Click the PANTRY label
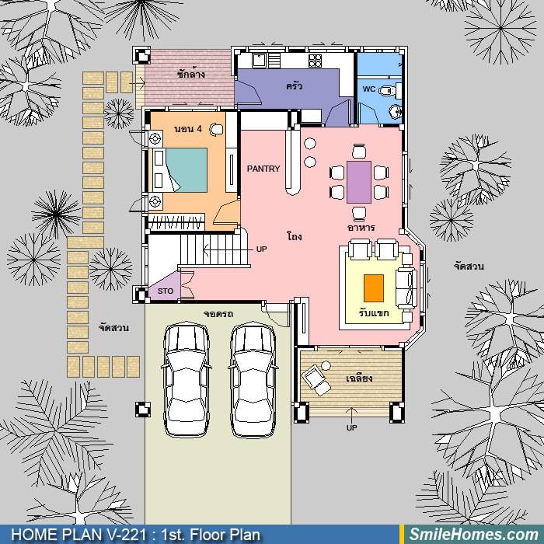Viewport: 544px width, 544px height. (x=263, y=169)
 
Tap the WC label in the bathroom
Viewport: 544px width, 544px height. (x=369, y=89)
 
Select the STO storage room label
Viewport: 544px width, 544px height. (x=165, y=291)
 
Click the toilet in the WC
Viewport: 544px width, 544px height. (x=387, y=91)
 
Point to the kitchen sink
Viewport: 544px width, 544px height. (x=259, y=61)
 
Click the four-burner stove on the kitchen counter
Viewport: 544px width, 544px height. (x=315, y=61)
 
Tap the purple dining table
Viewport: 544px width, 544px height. (x=359, y=182)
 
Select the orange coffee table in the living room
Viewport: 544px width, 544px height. (x=374, y=288)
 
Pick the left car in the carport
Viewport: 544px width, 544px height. (x=187, y=380)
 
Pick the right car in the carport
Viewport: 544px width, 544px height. (x=253, y=380)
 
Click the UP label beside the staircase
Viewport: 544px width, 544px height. (x=262, y=249)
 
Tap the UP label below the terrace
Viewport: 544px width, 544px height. (x=351, y=427)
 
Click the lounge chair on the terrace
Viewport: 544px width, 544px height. (x=316, y=379)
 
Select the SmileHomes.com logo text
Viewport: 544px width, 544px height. (x=474, y=535)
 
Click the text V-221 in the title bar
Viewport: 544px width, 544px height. (x=125, y=535)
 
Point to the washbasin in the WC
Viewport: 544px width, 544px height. (x=395, y=111)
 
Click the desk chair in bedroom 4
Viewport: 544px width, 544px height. (x=217, y=130)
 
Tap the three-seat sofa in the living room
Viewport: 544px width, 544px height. (x=406, y=288)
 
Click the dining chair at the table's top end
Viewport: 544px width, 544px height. (x=359, y=151)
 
